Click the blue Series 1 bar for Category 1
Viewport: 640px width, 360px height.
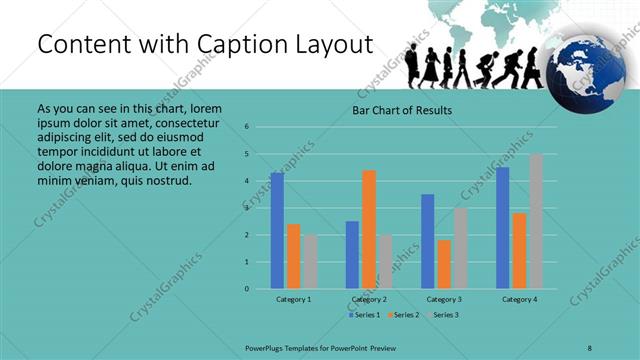pyautogui.click(x=277, y=230)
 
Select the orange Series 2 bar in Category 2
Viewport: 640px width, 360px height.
pyautogui.click(x=369, y=229)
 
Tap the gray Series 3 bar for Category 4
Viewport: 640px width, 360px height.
pyautogui.click(x=536, y=221)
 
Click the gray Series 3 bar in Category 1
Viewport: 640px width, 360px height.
pyautogui.click(x=310, y=262)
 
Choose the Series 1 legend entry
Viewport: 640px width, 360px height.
pyautogui.click(x=364, y=315)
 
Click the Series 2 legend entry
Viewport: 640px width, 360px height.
pyautogui.click(x=402, y=315)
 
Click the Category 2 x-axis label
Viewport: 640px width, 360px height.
pyautogui.click(x=369, y=299)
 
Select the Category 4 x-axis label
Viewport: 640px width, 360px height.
pyautogui.click(x=519, y=299)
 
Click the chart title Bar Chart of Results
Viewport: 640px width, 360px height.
pyautogui.click(x=402, y=110)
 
